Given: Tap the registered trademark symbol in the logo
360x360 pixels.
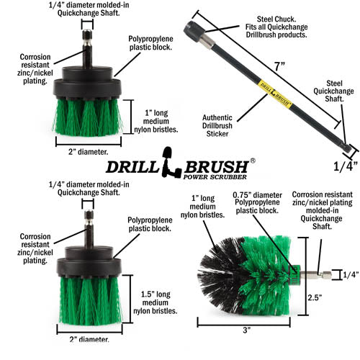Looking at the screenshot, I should pyautogui.click(x=252, y=161).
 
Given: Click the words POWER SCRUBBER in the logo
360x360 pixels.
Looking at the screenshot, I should pyautogui.click(x=215, y=176).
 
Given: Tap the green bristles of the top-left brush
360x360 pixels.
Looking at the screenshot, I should pyautogui.click(x=87, y=115).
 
